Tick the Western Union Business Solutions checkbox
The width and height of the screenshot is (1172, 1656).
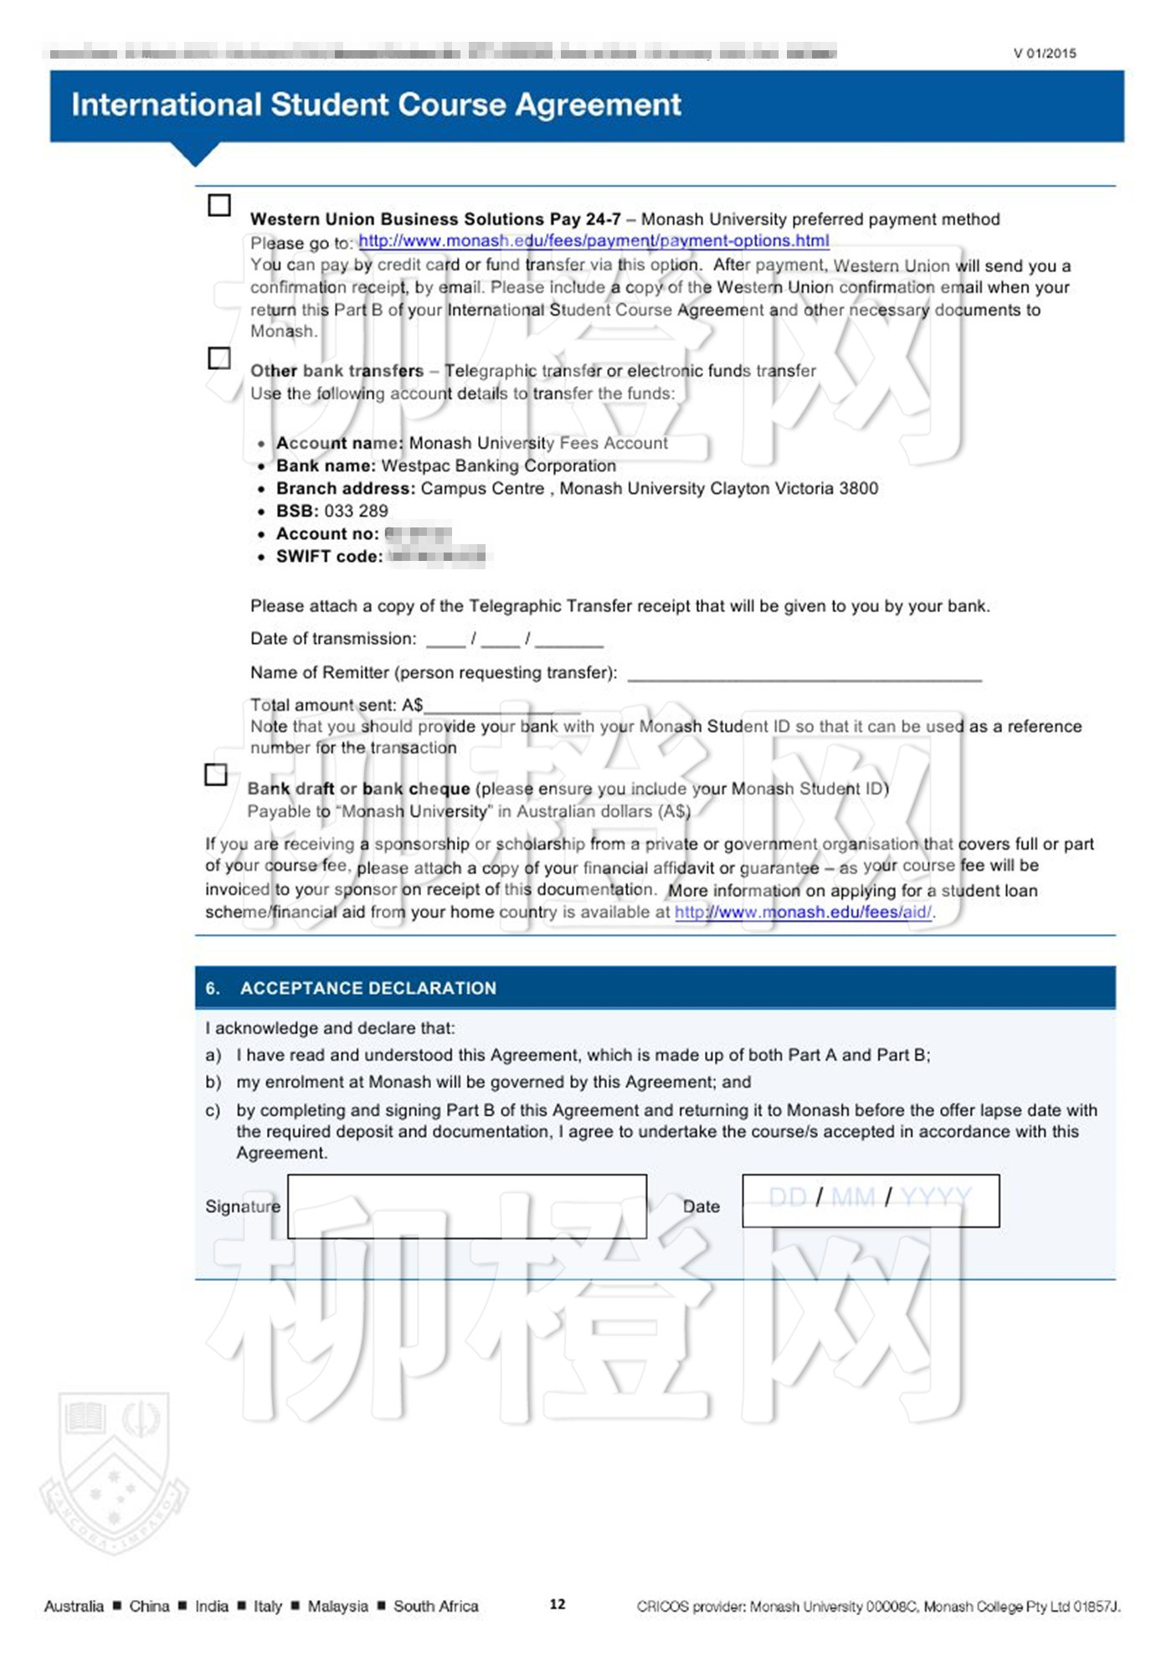click(x=219, y=205)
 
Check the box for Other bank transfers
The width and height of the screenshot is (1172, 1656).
click(x=219, y=358)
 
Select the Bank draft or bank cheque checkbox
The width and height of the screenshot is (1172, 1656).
click(x=216, y=774)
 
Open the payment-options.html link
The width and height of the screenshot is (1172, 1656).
click(x=594, y=241)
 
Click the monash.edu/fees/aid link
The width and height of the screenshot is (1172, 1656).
click(x=803, y=912)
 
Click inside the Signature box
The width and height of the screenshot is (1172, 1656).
click(x=466, y=1206)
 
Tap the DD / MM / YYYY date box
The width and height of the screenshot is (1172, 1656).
click(x=870, y=1200)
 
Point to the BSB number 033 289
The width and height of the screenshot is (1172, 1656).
click(x=356, y=511)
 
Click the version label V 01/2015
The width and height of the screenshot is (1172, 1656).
click(x=1044, y=54)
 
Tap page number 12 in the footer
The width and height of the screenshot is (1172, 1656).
click(x=558, y=1604)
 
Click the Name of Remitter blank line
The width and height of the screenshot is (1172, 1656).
click(x=804, y=675)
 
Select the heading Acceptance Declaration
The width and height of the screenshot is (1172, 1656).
click(x=368, y=988)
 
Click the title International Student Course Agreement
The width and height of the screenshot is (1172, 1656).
click(x=376, y=105)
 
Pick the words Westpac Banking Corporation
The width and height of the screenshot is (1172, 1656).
click(x=498, y=465)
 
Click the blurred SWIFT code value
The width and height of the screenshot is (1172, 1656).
click(x=436, y=556)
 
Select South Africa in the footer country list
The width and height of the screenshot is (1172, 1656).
click(x=435, y=1606)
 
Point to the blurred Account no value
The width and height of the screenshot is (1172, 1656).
click(x=418, y=533)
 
